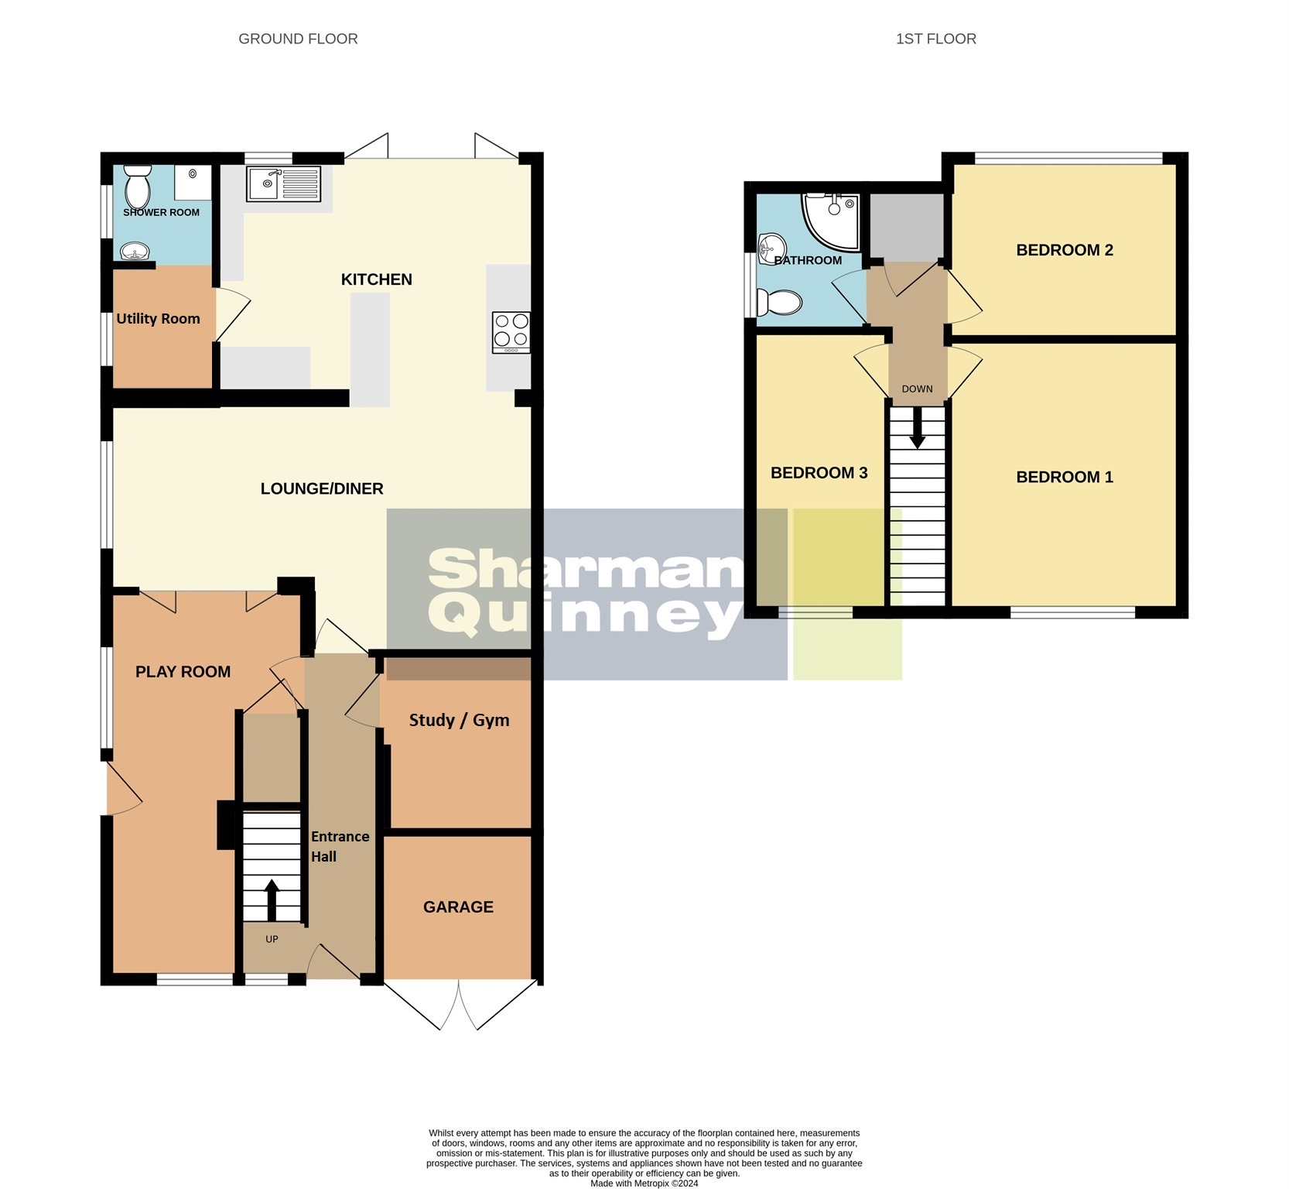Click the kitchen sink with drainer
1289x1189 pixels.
[x=283, y=184]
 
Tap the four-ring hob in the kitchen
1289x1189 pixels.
[x=511, y=332]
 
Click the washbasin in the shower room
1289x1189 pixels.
[x=135, y=252]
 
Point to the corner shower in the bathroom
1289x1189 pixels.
[x=832, y=219]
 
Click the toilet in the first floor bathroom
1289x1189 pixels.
[x=778, y=303]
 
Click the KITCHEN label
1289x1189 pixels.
[x=376, y=279]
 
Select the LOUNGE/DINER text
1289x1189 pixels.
[x=322, y=488]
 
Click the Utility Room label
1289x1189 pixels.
[x=158, y=318]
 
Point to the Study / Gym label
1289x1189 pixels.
[x=459, y=720]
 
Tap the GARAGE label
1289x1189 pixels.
[x=458, y=906]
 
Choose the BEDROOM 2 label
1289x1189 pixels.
[x=1064, y=250]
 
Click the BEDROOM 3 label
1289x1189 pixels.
[x=819, y=472]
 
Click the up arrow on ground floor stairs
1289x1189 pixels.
[x=272, y=898]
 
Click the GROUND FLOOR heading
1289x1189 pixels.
[x=298, y=39]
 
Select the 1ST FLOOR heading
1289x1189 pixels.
[x=935, y=39]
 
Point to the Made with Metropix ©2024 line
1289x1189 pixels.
[x=644, y=1183]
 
